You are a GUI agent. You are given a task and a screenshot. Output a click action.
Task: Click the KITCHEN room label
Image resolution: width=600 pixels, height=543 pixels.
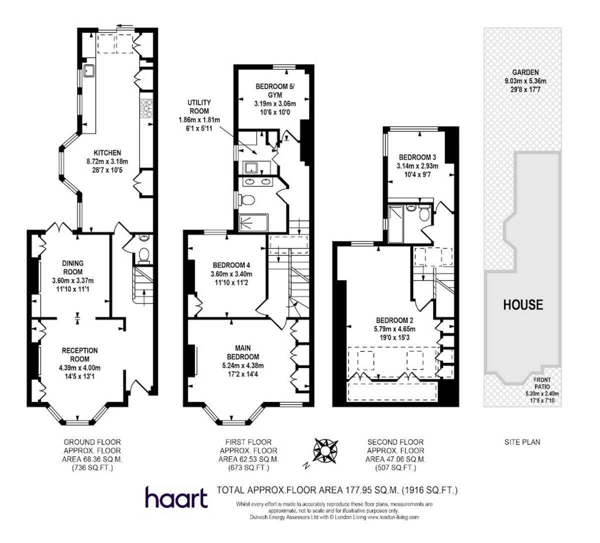(107, 153)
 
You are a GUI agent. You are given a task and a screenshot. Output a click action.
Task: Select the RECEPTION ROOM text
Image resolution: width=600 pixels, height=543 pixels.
(80, 354)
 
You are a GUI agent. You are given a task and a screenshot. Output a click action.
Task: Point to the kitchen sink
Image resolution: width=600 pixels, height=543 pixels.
(89, 71)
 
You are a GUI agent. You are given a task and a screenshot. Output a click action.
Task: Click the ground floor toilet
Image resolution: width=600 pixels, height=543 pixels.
(144, 254)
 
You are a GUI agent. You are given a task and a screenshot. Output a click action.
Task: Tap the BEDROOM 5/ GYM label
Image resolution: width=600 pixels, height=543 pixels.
(275, 90)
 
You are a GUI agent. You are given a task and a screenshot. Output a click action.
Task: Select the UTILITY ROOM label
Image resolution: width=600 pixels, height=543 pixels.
(199, 106)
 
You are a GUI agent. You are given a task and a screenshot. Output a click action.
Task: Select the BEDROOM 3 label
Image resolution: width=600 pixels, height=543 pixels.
(417, 157)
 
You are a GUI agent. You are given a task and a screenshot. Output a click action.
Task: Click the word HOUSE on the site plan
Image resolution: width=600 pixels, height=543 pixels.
(522, 304)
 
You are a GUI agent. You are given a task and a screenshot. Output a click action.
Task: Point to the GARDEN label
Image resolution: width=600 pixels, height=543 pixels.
(522, 72)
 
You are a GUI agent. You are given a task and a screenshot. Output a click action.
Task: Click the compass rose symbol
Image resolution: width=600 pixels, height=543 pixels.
(325, 449)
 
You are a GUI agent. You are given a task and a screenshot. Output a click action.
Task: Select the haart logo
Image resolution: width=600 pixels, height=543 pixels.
(176, 497)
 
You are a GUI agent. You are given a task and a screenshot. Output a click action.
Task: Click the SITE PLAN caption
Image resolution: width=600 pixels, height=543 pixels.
(521, 442)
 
